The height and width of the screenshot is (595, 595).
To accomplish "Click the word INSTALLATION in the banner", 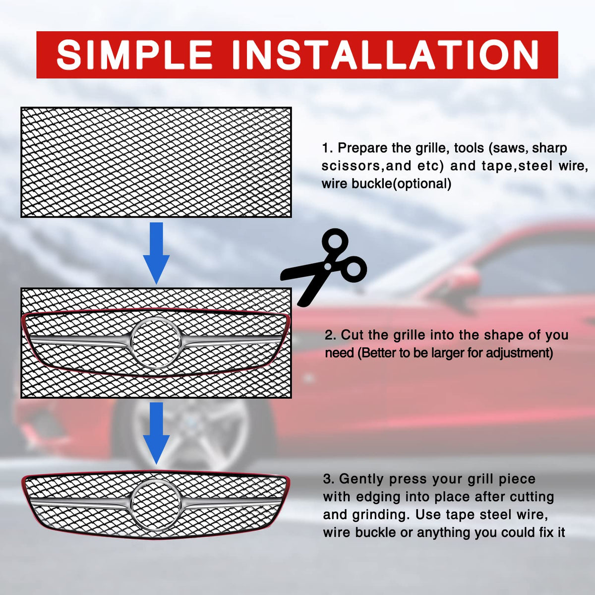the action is pos(385,55).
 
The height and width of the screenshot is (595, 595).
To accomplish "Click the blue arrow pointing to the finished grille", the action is pos(156,433).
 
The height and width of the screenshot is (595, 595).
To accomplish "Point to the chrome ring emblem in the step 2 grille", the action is pos(156,343).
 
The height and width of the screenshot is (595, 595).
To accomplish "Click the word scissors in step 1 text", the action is pos(353,166).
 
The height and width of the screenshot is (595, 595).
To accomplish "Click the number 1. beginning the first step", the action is pos(328,149).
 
